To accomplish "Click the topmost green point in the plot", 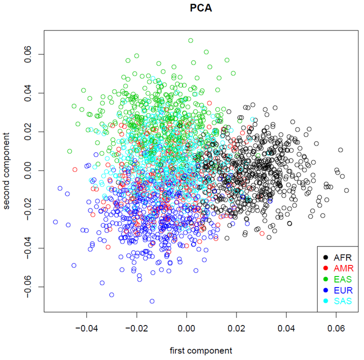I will [x=190, y=40].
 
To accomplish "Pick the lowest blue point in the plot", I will [x=152, y=301].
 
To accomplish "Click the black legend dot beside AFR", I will [x=326, y=257].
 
